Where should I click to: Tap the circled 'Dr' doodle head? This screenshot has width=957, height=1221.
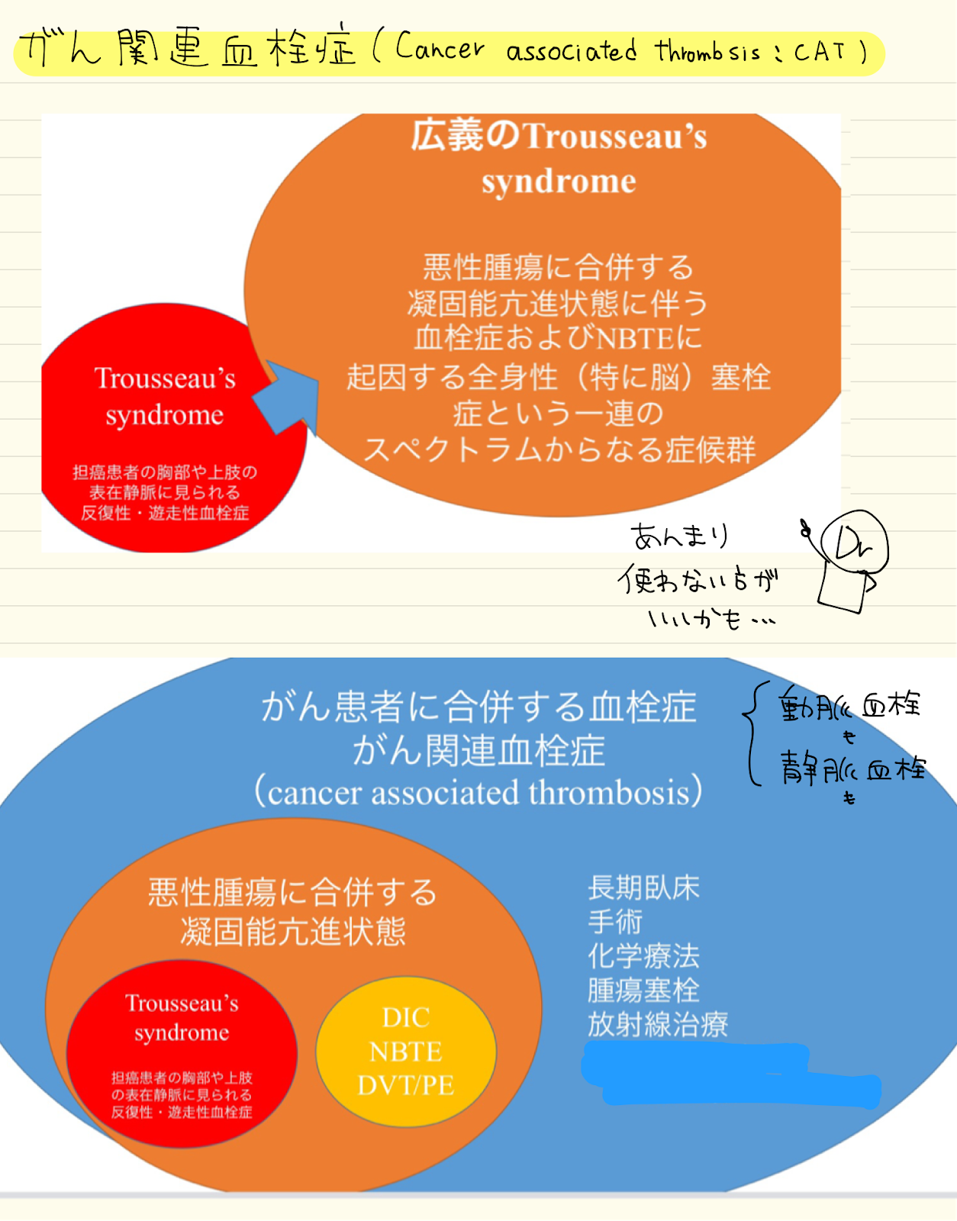click(855, 543)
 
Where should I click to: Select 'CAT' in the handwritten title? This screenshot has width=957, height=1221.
click(820, 52)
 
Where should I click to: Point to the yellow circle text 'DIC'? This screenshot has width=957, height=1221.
click(406, 1017)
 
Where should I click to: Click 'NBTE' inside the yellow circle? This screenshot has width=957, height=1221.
click(406, 1052)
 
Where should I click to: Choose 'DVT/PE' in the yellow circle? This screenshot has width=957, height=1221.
click(406, 1085)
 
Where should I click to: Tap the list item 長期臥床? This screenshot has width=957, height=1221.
click(643, 888)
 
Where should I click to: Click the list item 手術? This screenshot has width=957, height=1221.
click(615, 922)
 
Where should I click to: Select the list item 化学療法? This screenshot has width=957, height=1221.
click(643, 955)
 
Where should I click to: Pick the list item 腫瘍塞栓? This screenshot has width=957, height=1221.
click(643, 990)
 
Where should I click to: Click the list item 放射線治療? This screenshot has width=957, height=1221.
click(658, 1024)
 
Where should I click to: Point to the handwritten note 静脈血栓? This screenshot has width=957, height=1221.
click(852, 768)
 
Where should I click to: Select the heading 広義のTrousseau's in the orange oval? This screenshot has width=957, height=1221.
click(559, 137)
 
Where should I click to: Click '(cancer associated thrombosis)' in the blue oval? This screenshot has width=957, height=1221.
click(478, 792)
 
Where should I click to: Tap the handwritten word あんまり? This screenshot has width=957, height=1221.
click(679, 536)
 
